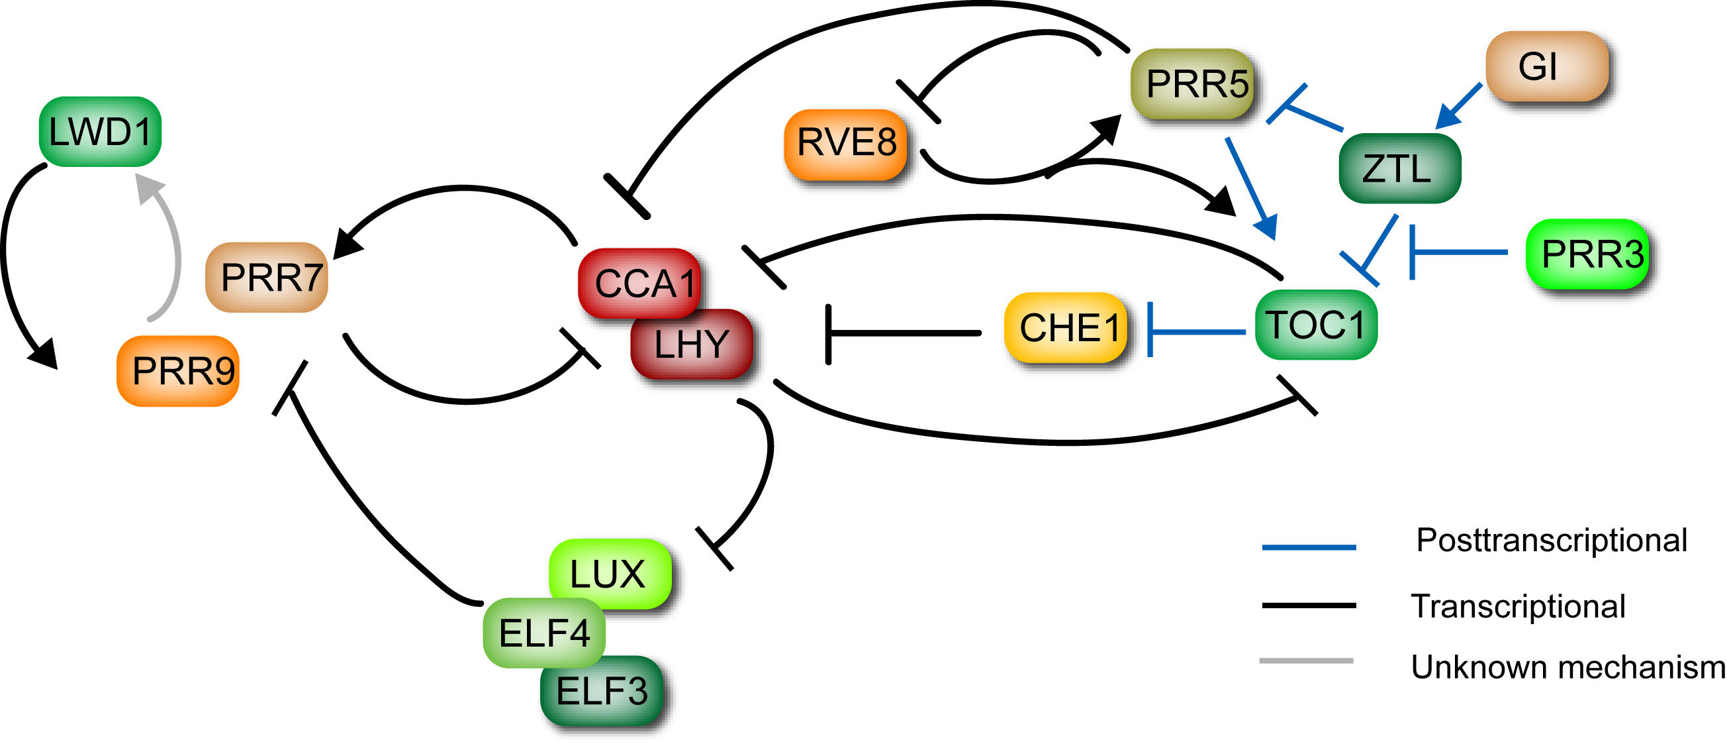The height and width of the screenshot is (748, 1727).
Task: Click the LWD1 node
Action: click(100, 131)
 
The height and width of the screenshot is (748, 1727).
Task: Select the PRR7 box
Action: click(267, 277)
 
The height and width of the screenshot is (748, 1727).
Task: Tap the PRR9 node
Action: click(178, 371)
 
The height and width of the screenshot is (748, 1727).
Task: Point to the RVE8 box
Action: click(845, 144)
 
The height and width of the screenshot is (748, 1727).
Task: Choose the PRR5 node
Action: click(1193, 84)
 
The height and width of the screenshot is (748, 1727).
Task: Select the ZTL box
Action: click(1399, 168)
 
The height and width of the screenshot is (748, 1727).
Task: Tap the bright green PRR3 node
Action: click(1587, 254)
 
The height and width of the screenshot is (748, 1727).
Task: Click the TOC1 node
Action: click(1316, 325)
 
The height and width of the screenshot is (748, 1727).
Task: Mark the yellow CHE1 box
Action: click(1066, 328)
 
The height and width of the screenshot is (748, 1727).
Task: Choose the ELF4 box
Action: click(543, 633)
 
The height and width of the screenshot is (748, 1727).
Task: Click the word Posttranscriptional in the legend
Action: click(1551, 541)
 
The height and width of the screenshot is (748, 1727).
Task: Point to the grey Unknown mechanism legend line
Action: click(1306, 661)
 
